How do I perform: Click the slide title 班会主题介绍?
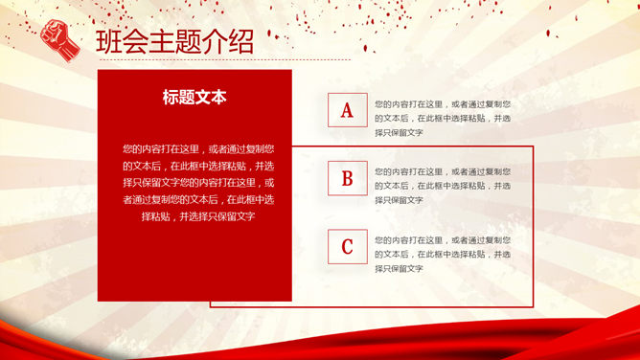tap(175, 42)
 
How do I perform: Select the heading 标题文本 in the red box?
tap(194, 97)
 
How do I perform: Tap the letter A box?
tap(347, 111)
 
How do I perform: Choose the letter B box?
tap(347, 178)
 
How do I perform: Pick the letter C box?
tap(347, 246)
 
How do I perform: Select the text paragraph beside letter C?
tap(442, 254)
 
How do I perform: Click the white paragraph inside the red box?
tap(194, 182)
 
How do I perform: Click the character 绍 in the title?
tap(239, 42)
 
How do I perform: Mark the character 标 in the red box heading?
tap(171, 97)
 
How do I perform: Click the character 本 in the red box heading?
tap(218, 97)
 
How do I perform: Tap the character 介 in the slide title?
tap(207, 42)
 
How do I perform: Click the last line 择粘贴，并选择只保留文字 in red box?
tap(194, 216)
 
